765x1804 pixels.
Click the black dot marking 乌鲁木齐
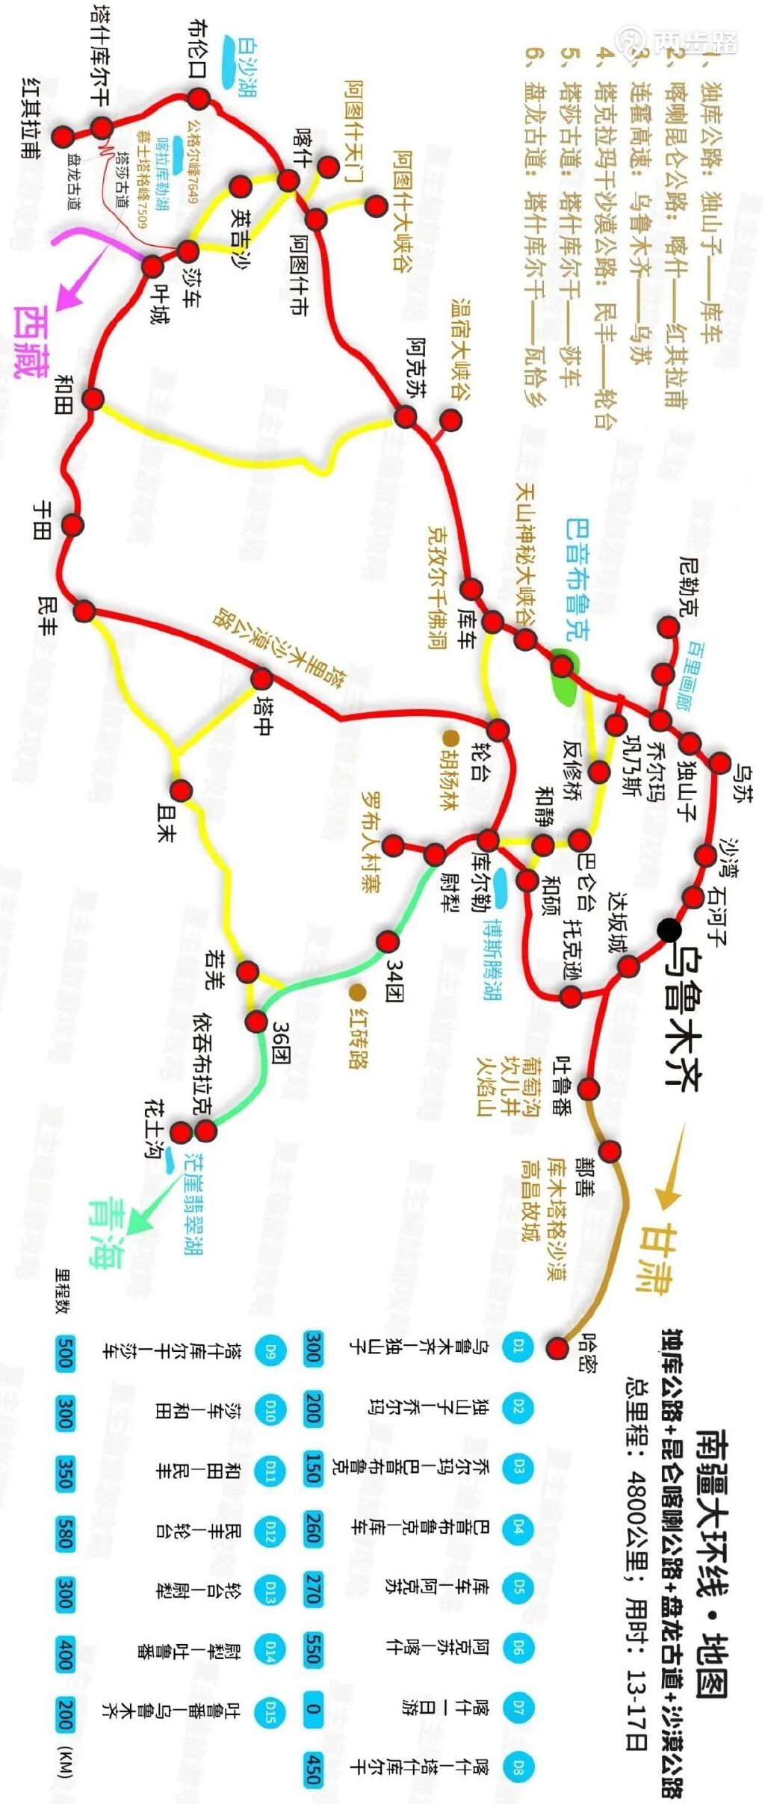[x=669, y=930]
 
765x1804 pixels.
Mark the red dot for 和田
[x=93, y=398]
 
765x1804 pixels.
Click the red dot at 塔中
[x=261, y=679]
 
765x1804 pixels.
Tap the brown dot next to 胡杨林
[x=450, y=738]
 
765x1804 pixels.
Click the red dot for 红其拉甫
[x=63, y=136]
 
